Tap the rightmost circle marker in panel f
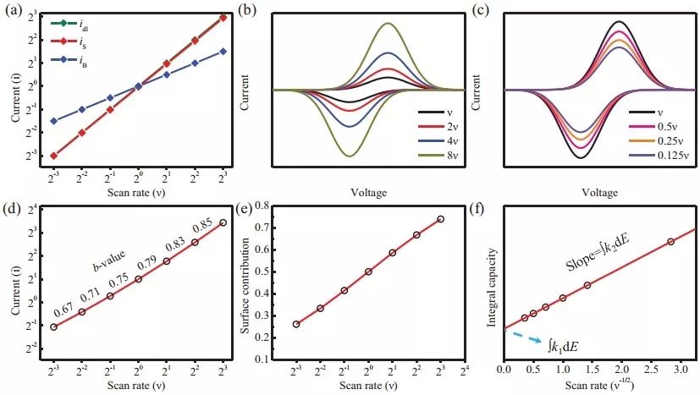pyautogui.click(x=671, y=242)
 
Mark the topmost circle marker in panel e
pyautogui.click(x=440, y=219)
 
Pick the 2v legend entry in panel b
pyautogui.click(x=433, y=126)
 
